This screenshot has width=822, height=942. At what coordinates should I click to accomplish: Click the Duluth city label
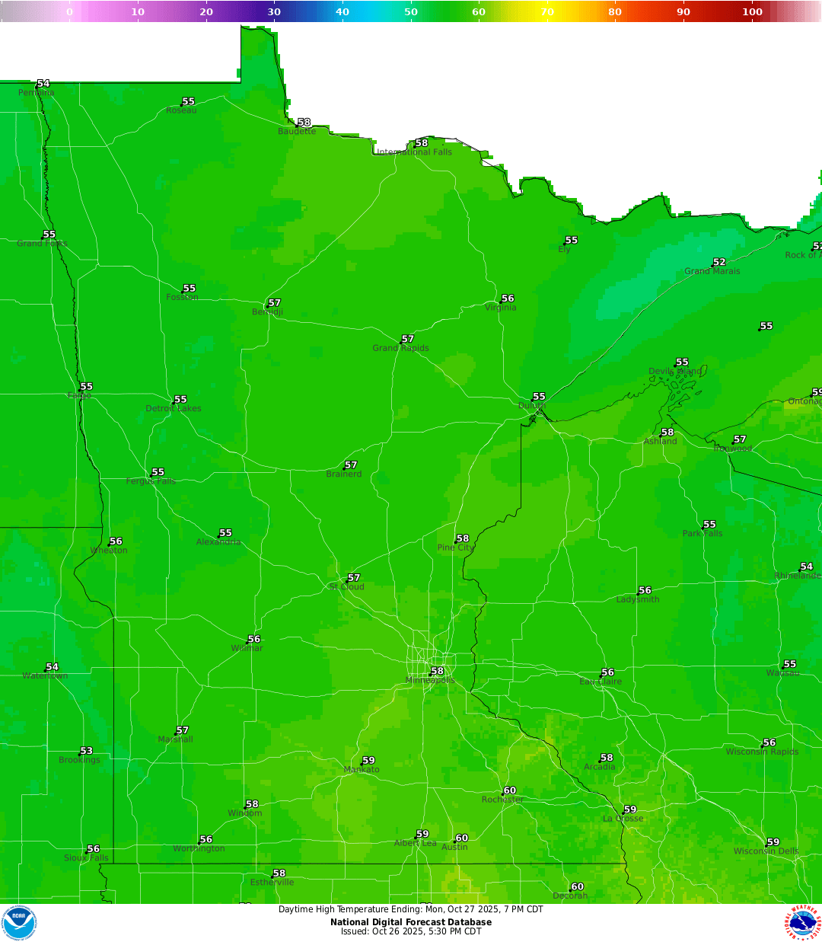[532, 406]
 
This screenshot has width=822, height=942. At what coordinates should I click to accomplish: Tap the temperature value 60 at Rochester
[510, 790]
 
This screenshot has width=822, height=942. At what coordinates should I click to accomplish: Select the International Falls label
[415, 152]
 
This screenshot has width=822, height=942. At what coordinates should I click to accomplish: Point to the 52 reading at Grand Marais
[719, 262]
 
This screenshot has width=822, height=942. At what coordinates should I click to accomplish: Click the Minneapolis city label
[430, 681]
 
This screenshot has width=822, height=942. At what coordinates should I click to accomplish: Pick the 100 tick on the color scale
[752, 11]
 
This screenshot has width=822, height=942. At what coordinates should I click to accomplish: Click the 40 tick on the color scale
[342, 11]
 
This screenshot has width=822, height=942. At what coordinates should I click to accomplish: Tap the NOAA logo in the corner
[19, 923]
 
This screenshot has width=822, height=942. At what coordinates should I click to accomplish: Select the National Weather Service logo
[803, 923]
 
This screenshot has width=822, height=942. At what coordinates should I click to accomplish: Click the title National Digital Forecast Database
[411, 922]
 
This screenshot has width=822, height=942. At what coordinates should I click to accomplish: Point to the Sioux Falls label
[86, 858]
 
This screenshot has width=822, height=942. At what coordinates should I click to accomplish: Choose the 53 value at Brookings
[86, 751]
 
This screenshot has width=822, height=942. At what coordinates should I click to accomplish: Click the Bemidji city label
[267, 312]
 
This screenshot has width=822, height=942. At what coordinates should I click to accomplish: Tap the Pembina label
[37, 93]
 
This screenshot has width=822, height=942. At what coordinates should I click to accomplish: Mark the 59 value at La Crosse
[630, 809]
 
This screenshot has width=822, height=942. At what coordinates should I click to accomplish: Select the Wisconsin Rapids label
[762, 752]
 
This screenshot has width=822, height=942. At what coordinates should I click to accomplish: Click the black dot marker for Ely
[565, 244]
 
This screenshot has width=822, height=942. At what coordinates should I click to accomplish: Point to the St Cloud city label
[347, 587]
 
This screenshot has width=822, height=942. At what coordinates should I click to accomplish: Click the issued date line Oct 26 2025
[411, 931]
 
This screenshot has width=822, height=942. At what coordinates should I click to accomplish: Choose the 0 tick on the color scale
[69, 11]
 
